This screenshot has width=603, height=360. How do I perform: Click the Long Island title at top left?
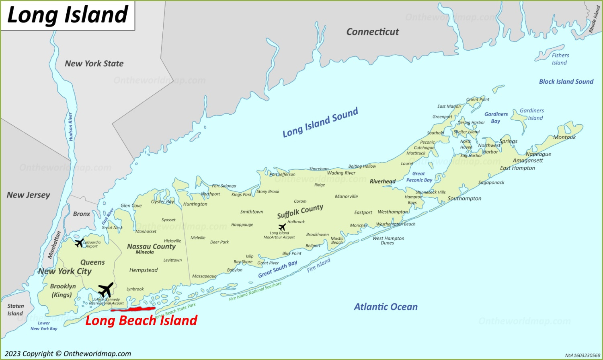68,15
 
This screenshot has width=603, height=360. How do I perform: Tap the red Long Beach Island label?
141,321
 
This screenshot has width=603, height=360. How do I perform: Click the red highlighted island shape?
133,309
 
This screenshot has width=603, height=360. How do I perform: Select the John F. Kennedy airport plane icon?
106,290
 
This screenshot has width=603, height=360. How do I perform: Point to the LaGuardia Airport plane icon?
79,243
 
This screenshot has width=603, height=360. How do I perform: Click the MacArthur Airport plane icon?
282,227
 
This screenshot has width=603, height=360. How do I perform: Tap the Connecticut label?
373,32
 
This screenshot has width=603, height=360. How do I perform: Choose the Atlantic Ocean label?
386,307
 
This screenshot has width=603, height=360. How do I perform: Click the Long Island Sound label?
320,123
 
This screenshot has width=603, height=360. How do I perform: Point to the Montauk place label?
564,137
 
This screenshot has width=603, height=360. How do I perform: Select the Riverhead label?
382,181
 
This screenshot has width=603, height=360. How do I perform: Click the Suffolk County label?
300,211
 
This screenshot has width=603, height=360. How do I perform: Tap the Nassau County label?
151,246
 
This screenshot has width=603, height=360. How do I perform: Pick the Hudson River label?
71,126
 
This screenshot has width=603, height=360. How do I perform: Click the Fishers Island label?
560,59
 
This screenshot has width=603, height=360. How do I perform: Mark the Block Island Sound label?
566,82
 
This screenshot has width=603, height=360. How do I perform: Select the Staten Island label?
15,310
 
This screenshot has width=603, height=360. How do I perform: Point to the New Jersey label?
29,195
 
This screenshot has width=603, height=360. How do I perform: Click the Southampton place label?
464,198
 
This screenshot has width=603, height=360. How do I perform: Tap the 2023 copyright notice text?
68,354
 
